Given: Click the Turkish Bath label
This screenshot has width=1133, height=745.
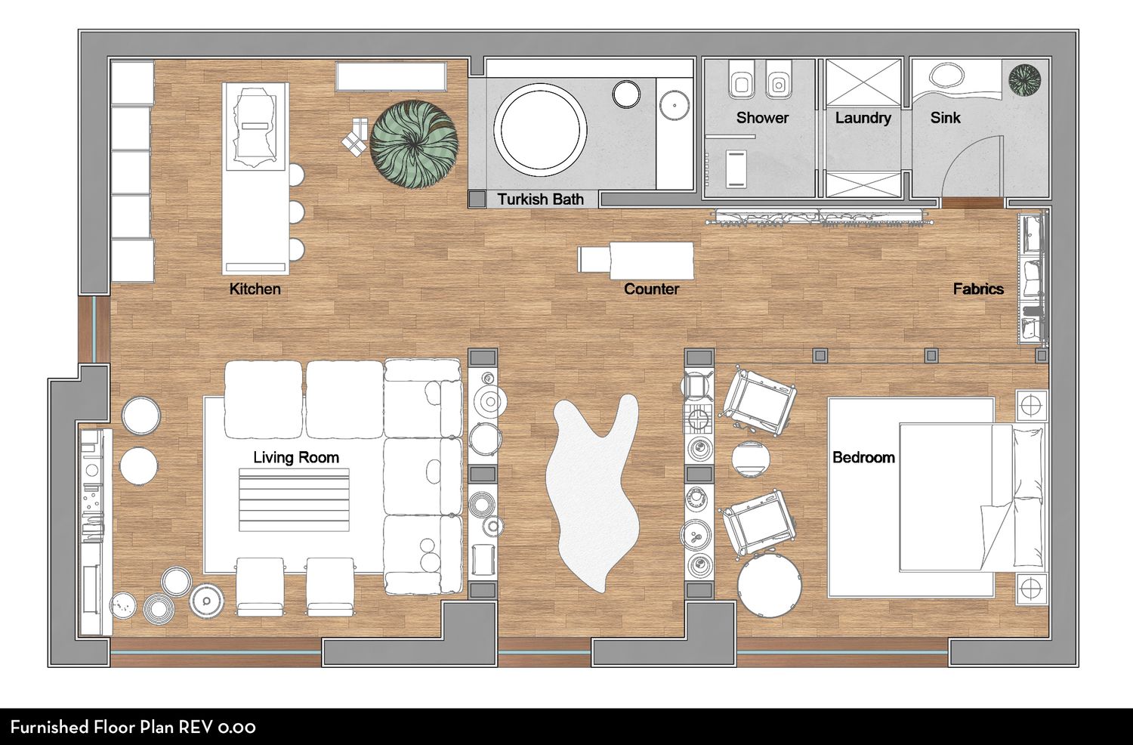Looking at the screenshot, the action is [x=540, y=199].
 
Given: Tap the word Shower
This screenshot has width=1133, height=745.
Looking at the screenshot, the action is [x=762, y=118].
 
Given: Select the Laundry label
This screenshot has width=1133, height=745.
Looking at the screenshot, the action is [x=863, y=118].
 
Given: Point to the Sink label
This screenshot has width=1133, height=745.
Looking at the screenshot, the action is [x=945, y=118].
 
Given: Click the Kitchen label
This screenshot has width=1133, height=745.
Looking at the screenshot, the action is [x=255, y=289].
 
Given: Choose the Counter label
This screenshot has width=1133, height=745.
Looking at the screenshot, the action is [x=651, y=289].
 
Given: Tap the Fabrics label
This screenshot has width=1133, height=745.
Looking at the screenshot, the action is [x=978, y=289].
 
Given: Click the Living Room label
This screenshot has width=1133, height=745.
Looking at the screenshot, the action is [x=296, y=458].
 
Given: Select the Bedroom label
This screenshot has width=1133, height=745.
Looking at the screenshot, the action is [x=864, y=458].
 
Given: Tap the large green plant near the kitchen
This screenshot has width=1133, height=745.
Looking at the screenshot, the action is [x=414, y=144].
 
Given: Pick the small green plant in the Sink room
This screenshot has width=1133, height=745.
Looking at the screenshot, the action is [x=1025, y=79].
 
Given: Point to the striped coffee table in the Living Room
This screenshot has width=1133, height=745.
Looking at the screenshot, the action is [x=294, y=500].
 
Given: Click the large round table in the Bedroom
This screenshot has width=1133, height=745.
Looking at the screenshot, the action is [x=770, y=585].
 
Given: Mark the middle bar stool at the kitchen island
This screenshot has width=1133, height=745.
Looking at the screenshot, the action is [x=296, y=211].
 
